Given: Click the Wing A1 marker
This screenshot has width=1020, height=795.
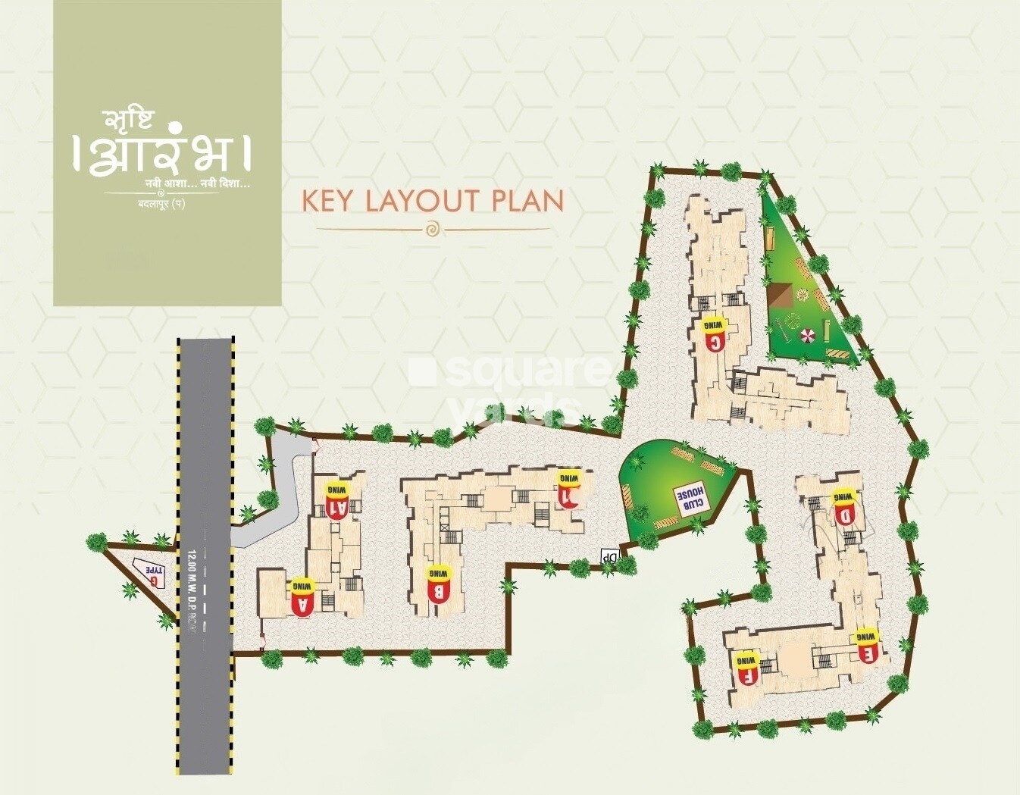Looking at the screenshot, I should tap(339, 499).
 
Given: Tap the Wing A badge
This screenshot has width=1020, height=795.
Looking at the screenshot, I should tap(302, 598).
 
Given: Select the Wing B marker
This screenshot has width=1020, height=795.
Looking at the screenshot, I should tap(438, 584).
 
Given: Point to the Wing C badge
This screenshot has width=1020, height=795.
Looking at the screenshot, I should tap(714, 333).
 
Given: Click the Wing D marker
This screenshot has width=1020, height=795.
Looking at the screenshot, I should tap(844, 507).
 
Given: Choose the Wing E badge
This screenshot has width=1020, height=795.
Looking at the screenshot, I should tap(867, 645).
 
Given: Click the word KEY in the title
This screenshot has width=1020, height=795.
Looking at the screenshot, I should tap(328, 201).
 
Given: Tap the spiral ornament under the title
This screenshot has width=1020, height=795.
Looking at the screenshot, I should tap(432, 228).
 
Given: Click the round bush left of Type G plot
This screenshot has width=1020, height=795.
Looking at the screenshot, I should tap(96, 542).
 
